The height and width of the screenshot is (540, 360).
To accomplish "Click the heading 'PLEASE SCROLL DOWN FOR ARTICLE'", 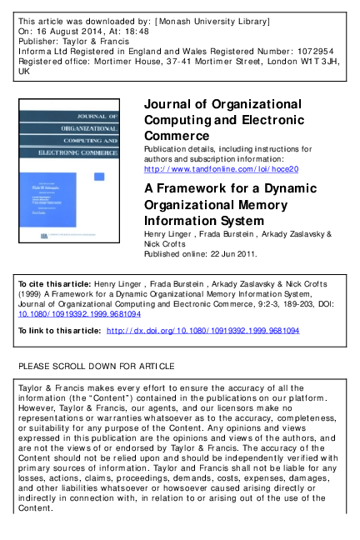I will pos(97,366).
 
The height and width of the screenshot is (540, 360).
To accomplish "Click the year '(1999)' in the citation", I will pos(32,295).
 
